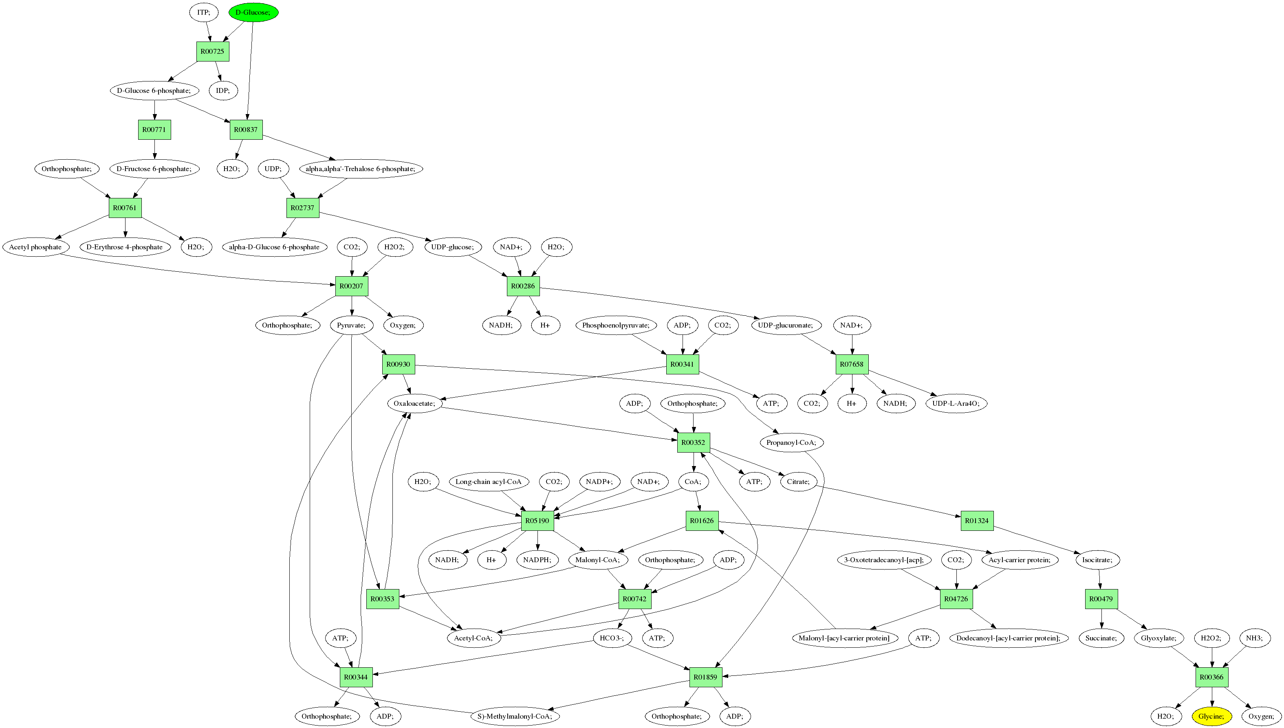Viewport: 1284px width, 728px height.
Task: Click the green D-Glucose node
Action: (x=253, y=12)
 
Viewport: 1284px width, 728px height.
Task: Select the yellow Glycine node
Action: (x=1211, y=716)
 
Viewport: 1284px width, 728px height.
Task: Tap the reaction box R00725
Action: (x=212, y=51)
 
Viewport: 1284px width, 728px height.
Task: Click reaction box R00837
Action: (x=246, y=130)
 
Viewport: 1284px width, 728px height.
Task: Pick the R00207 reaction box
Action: (x=352, y=286)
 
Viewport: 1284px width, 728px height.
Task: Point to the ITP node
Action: (x=203, y=12)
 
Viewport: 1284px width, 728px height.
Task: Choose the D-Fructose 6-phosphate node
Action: (x=154, y=169)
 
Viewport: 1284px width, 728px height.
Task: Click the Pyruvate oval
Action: (x=351, y=325)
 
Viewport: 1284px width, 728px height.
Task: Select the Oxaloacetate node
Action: (x=414, y=403)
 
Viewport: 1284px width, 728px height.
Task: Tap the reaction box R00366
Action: (x=1211, y=677)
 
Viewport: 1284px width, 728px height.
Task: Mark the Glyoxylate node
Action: (x=1158, y=638)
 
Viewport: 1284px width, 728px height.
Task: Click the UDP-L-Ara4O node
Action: (x=956, y=403)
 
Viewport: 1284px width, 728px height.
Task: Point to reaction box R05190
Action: (x=537, y=521)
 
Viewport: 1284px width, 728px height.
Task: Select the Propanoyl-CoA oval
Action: (x=791, y=442)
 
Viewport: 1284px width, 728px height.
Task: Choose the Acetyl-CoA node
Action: (x=473, y=638)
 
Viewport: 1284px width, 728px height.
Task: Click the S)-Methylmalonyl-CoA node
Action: (x=515, y=716)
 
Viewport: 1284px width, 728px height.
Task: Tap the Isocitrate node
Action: (x=1097, y=559)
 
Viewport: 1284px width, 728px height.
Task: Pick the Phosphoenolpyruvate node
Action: (x=615, y=325)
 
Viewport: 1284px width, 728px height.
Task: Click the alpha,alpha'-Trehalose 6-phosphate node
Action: (x=361, y=169)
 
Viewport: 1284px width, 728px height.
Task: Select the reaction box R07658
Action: (x=852, y=364)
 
